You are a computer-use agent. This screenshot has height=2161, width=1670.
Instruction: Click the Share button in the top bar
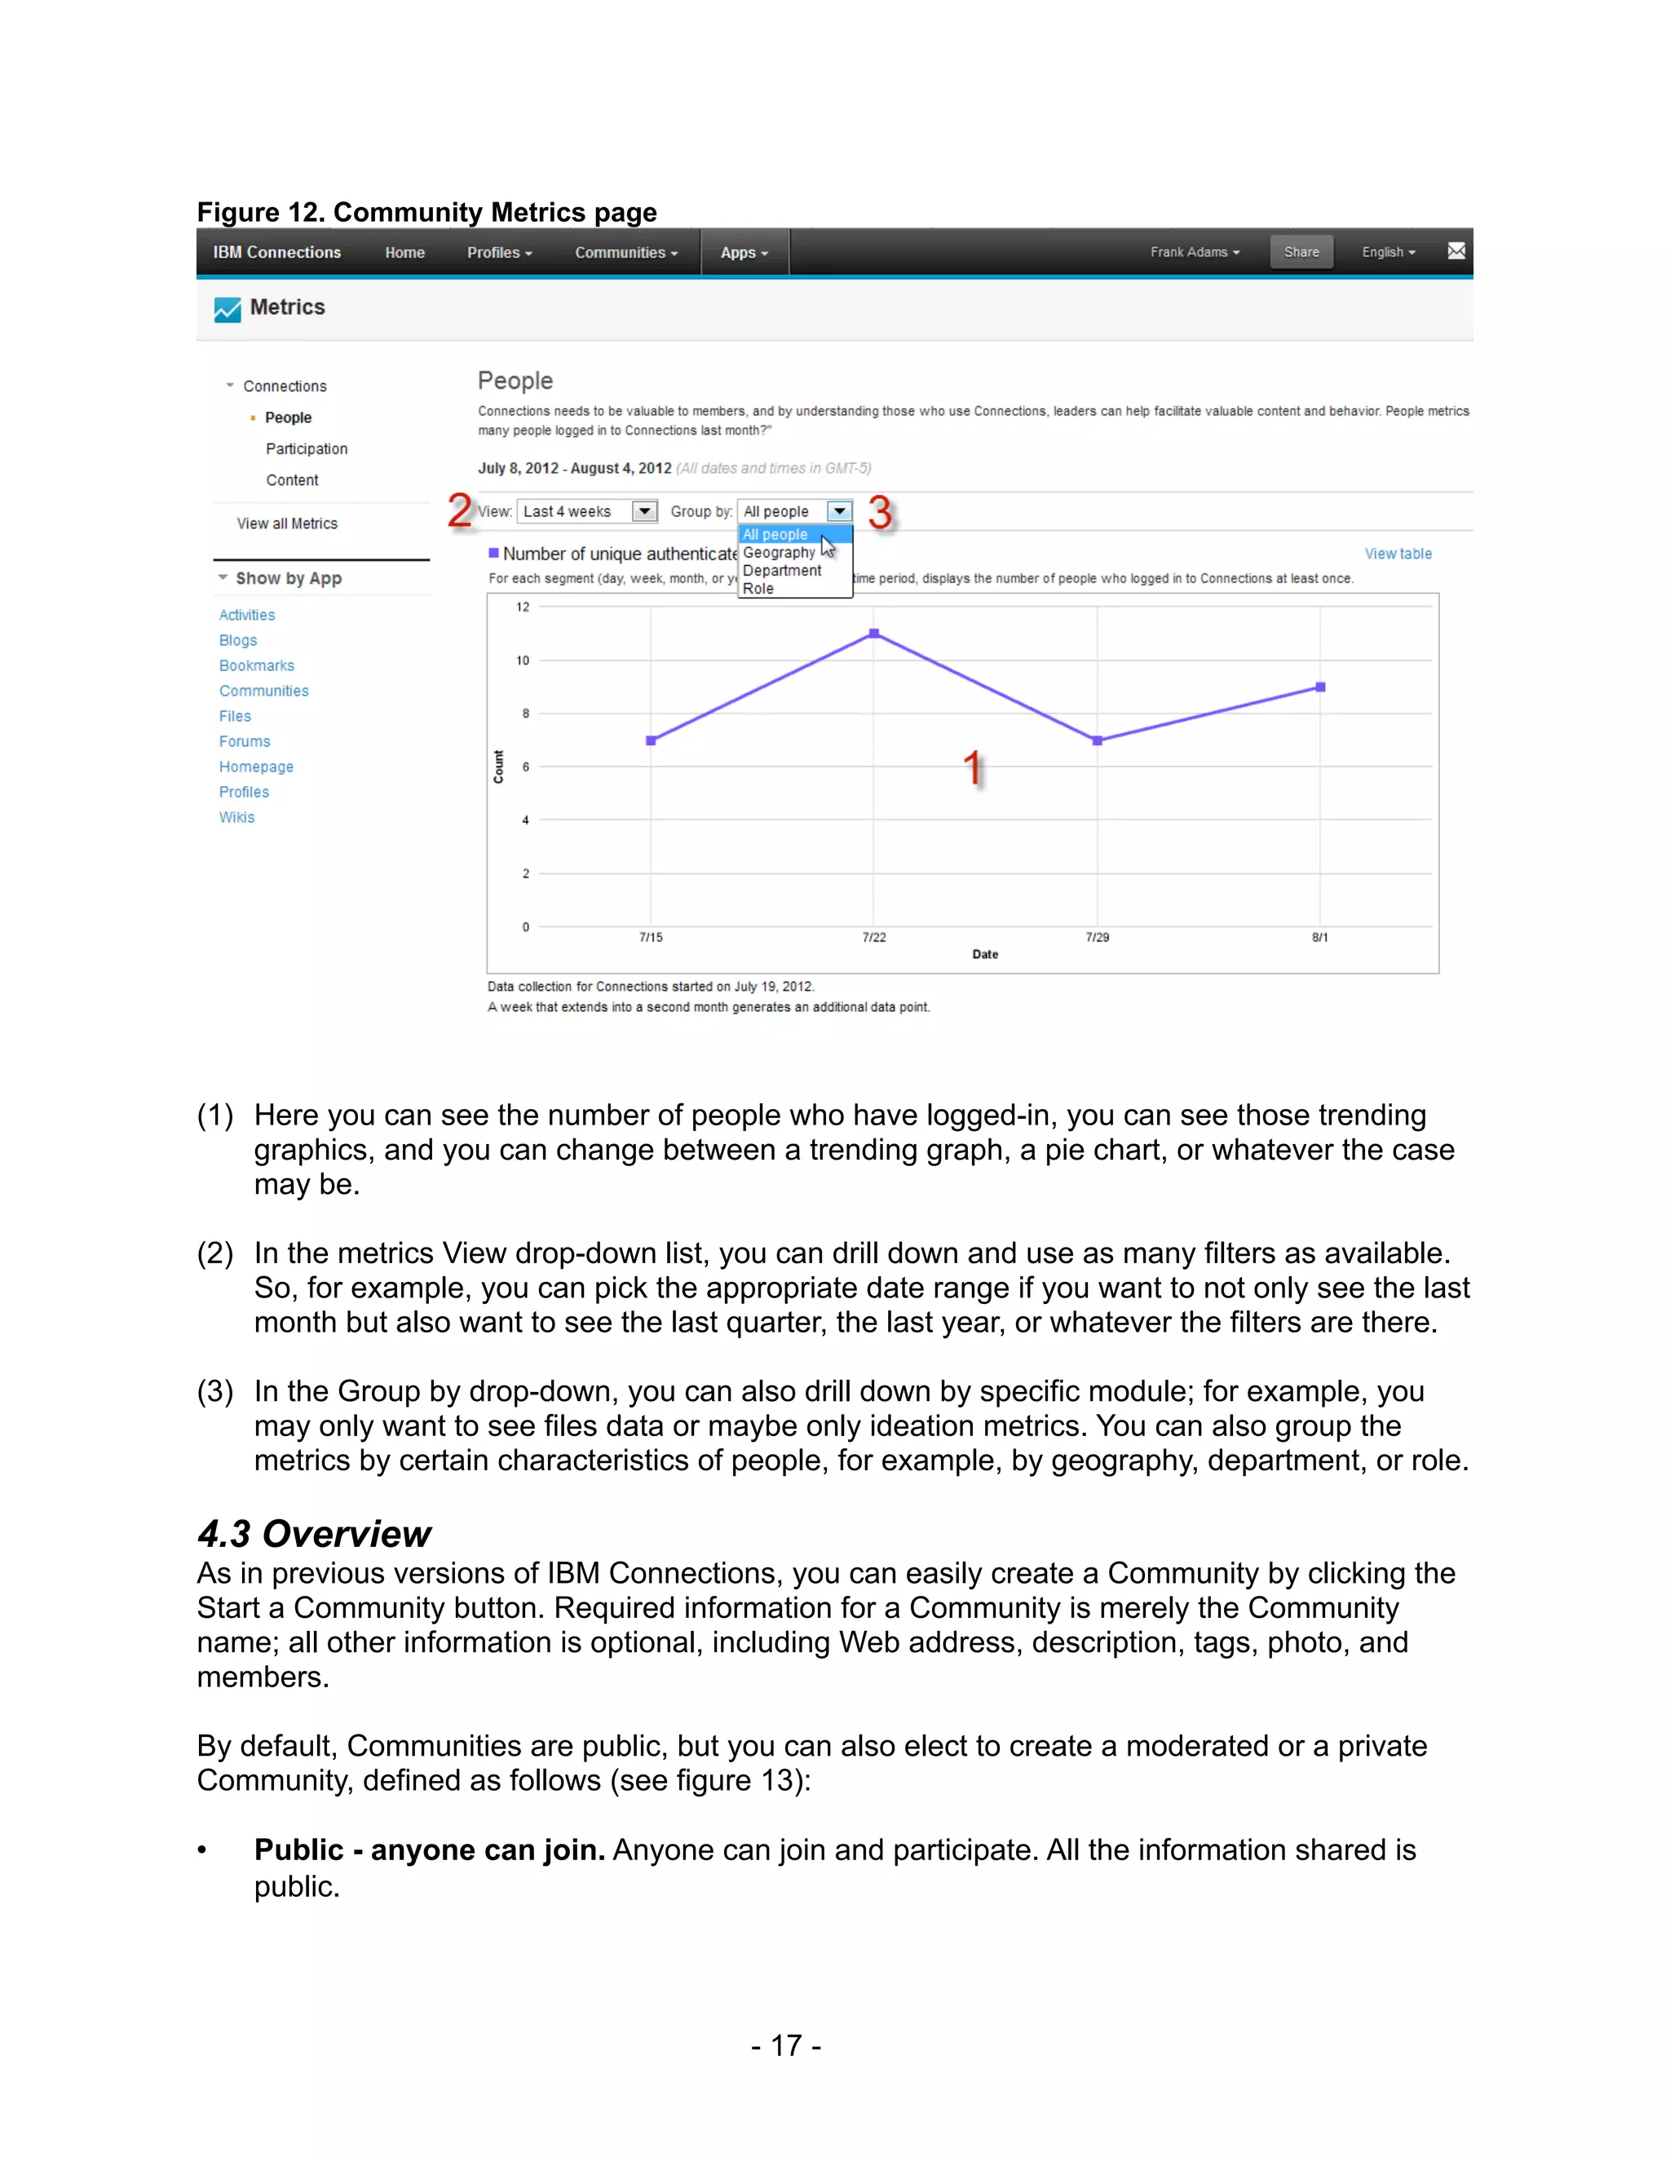click(x=1301, y=252)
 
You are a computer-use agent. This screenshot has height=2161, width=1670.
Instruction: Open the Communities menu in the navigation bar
click(x=625, y=252)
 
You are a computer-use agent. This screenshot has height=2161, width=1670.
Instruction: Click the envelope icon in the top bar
click(x=1456, y=251)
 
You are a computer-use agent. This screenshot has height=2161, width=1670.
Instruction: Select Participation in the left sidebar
click(x=306, y=449)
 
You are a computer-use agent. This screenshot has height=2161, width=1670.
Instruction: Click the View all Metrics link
click(x=287, y=524)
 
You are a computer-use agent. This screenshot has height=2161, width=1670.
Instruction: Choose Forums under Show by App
click(x=245, y=741)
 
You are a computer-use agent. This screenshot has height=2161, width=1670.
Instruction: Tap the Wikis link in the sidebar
click(x=236, y=817)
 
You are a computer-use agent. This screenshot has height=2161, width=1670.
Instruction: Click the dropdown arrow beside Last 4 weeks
click(x=644, y=511)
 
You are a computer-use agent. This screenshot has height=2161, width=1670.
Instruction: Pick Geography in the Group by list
click(x=779, y=552)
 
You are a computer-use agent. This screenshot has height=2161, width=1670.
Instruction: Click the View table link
click(x=1397, y=554)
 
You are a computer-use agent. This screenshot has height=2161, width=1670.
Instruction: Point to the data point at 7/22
click(x=873, y=634)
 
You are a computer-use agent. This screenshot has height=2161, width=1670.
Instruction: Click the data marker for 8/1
click(x=1320, y=687)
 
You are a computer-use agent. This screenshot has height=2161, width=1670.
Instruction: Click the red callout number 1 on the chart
click(x=974, y=768)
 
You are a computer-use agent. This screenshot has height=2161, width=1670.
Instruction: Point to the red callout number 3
click(x=880, y=513)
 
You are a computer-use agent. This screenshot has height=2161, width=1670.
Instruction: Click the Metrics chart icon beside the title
click(x=228, y=310)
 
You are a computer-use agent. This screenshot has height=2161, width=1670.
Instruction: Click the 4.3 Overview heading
click(x=314, y=1534)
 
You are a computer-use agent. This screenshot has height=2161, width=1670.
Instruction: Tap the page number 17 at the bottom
click(x=785, y=2045)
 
